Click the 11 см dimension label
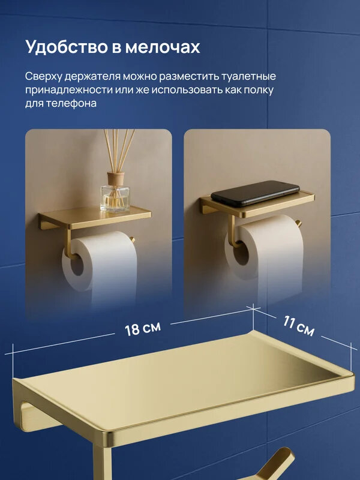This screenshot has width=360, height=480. coord(298,326)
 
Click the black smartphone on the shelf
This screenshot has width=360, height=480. coord(255,191)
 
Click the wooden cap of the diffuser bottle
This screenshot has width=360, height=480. coord(115,178)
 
